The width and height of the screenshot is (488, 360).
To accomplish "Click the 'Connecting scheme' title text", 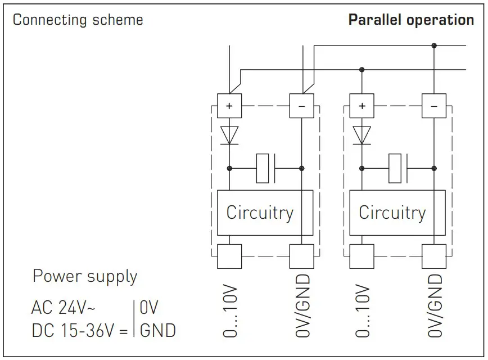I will coord(78,20).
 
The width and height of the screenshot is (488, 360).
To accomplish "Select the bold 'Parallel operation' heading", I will coord(411,20).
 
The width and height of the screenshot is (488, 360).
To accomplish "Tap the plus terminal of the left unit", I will coord(229,106).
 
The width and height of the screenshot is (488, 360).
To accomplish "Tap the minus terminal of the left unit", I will coord(301,106).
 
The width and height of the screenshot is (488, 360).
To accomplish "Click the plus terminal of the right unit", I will coord(362,106).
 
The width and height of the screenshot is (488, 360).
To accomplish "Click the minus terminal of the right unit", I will coord(433,106).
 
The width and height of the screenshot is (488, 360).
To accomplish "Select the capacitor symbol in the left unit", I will coord(265,168).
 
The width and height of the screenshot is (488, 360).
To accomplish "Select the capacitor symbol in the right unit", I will coord(397,168).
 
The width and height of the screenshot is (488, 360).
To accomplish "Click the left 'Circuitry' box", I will coord(259,213).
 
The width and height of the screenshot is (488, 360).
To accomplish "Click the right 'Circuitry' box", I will coord(392,213).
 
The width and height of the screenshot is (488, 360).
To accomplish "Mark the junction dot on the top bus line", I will coord(433,45).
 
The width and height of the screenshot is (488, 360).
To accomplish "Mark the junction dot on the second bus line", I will coord(362,70).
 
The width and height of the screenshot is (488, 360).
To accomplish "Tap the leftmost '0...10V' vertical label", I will coord(230,311).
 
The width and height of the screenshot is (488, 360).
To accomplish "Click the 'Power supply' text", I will coord(84,277).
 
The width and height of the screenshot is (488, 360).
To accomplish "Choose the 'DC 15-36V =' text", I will coord(79,330).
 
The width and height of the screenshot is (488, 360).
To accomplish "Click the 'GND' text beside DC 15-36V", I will coord(157,330).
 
